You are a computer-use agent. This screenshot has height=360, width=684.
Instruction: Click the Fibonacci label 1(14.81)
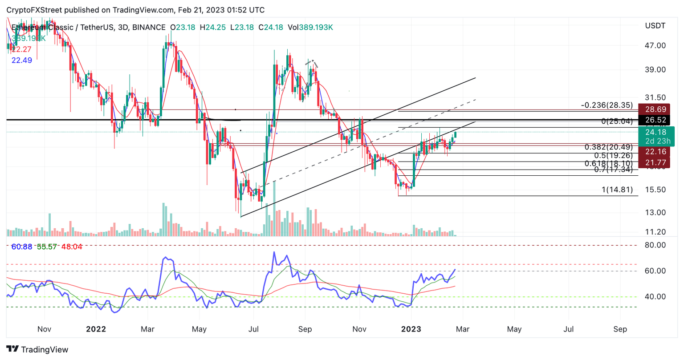[617, 190]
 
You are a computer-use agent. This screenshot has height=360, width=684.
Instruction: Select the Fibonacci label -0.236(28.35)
[607, 105]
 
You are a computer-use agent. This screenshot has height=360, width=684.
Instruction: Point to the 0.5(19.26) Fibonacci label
[613, 156]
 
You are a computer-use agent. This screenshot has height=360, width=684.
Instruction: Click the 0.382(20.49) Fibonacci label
[609, 147]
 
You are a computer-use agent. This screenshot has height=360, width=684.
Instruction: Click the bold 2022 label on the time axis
[96, 329]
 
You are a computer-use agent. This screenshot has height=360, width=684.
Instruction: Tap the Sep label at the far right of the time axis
[620, 329]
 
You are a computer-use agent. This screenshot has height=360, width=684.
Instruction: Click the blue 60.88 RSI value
[21, 247]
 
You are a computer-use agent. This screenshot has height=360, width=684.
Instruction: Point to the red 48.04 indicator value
[72, 247]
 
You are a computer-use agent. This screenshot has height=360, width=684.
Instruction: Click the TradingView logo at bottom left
[37, 349]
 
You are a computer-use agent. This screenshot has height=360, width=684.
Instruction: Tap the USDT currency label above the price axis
[655, 26]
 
